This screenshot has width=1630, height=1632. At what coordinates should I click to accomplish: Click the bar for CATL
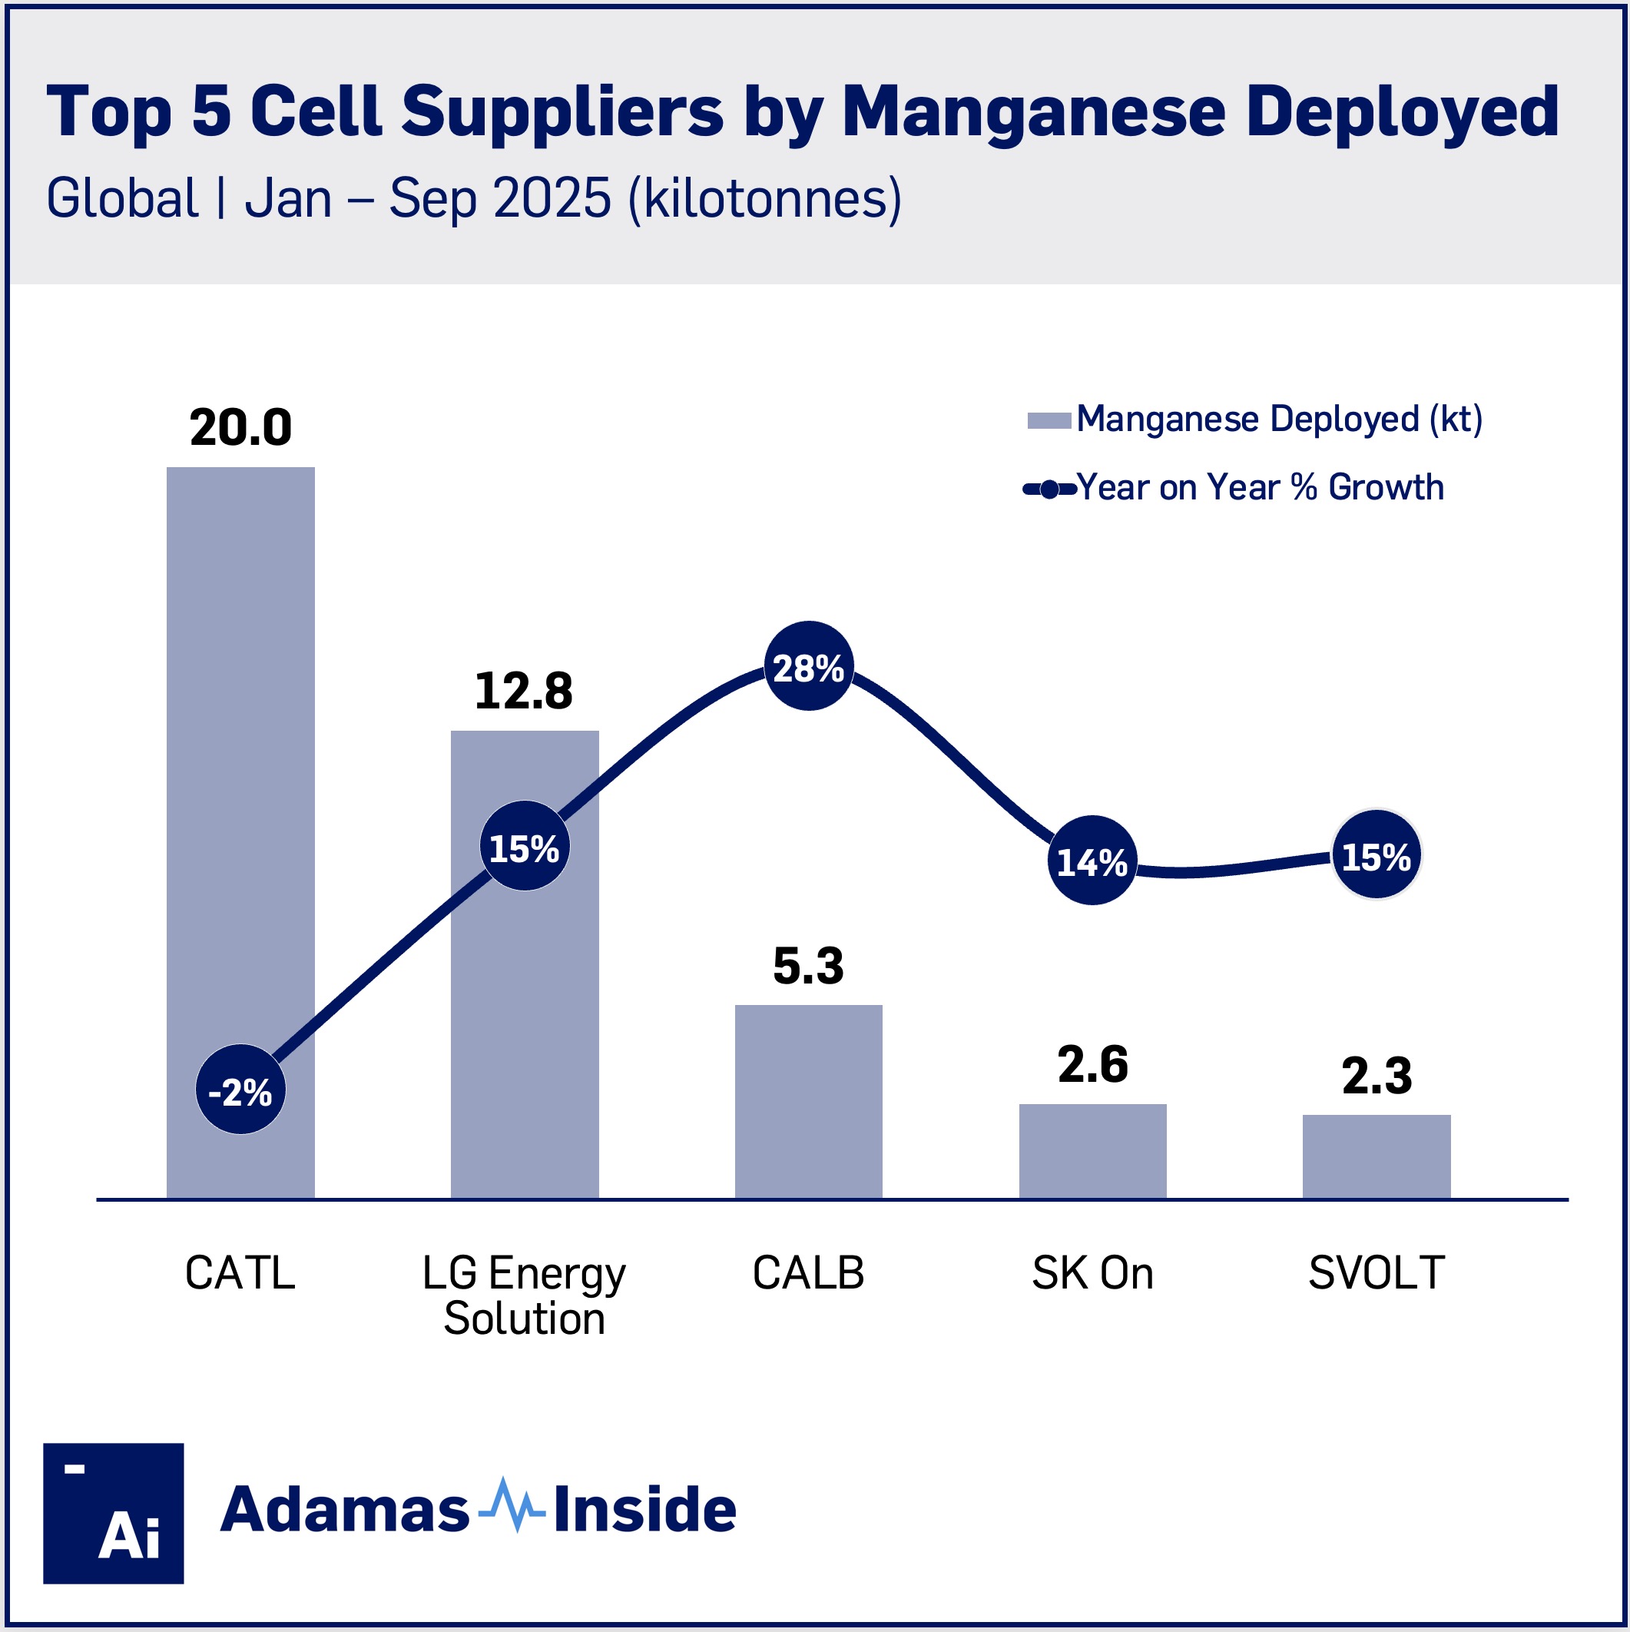click(x=240, y=760)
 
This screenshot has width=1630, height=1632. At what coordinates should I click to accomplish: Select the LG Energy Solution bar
click(x=524, y=1013)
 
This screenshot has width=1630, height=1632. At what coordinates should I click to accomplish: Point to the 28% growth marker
click(x=808, y=665)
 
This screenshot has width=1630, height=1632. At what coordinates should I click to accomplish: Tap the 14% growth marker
click(x=1092, y=860)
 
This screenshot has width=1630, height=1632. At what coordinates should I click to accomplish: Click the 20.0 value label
click(x=240, y=427)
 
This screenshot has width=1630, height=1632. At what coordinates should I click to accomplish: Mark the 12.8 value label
click(x=524, y=691)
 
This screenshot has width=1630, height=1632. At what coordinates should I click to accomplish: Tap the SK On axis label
click(x=1092, y=1272)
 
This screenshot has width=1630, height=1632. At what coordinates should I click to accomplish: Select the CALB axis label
click(x=808, y=1272)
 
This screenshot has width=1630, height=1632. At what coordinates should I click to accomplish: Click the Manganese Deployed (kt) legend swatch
click(x=1049, y=420)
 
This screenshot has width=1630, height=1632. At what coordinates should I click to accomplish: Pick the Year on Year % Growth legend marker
click(x=1049, y=488)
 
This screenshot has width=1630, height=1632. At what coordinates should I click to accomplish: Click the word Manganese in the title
click(x=1033, y=111)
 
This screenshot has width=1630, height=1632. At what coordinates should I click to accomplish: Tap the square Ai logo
click(x=113, y=1513)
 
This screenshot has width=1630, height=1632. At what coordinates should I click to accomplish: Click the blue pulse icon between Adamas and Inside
click(x=511, y=1508)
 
